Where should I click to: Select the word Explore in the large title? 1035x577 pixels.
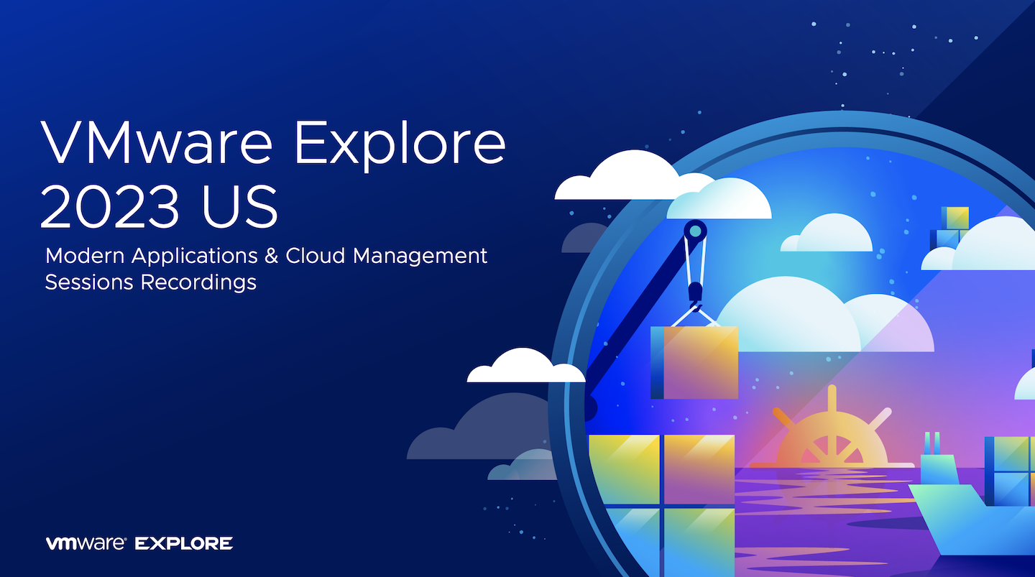(x=400, y=146)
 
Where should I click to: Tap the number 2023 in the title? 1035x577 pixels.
(x=109, y=206)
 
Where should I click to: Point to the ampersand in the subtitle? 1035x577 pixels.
(x=272, y=256)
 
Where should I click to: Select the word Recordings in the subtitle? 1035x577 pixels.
(x=198, y=283)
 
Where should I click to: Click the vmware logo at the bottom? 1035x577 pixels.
(x=86, y=543)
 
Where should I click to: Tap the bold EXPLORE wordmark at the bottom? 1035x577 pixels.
(x=183, y=544)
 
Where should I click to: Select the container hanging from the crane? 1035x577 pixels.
(x=694, y=362)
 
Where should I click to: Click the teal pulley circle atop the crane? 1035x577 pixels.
(x=696, y=231)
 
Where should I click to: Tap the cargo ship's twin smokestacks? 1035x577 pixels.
(x=932, y=443)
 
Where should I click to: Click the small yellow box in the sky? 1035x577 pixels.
(x=955, y=218)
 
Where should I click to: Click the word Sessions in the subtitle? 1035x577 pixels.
(x=89, y=282)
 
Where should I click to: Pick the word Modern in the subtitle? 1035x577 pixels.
(x=85, y=256)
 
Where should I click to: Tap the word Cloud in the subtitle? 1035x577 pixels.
(x=315, y=256)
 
